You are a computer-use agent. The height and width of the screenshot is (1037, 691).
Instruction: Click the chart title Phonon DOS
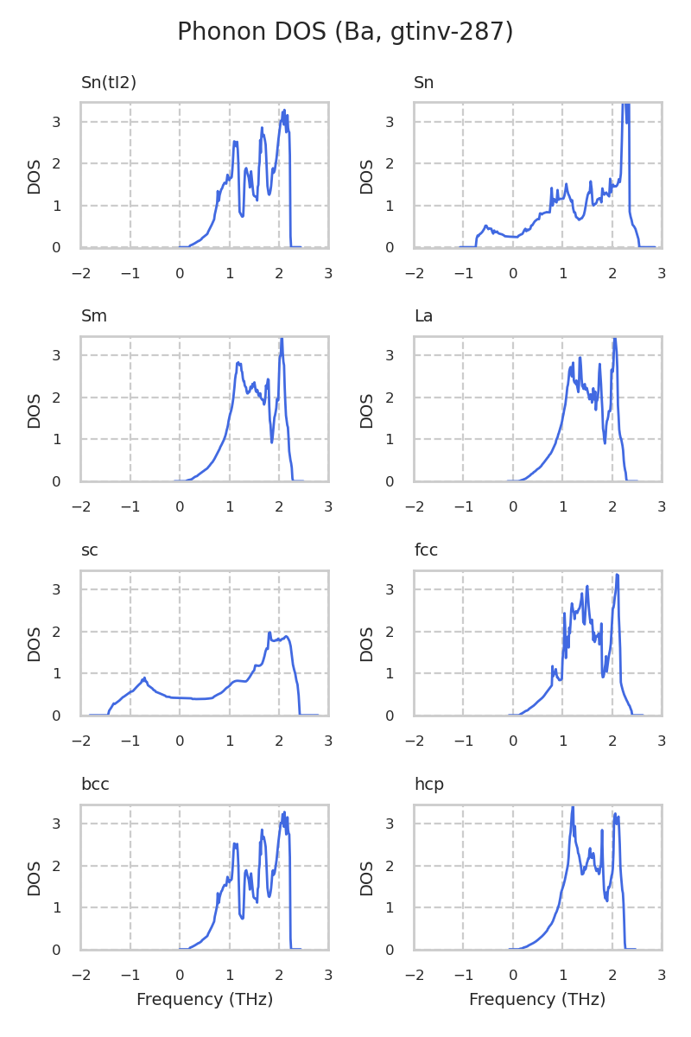click(345, 32)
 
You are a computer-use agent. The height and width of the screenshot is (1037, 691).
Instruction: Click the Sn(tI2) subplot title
click(109, 83)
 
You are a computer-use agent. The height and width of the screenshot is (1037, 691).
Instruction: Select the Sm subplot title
click(94, 316)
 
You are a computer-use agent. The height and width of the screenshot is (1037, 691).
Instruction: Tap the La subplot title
click(423, 316)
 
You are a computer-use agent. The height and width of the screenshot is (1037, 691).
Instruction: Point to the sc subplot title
click(90, 550)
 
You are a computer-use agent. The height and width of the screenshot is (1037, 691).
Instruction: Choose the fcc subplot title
click(426, 550)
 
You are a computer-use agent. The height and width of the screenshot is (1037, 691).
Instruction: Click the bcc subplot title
click(95, 785)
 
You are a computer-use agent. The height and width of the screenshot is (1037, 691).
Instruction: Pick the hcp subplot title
click(428, 785)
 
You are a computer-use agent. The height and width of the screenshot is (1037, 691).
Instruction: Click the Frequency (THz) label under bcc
click(205, 1000)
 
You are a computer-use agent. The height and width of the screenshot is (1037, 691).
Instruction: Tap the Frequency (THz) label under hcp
click(537, 1000)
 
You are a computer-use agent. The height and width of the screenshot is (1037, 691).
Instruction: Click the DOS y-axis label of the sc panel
click(35, 644)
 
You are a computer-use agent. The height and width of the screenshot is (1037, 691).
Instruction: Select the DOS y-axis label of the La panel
click(367, 410)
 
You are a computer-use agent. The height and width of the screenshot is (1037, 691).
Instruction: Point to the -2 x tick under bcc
click(80, 976)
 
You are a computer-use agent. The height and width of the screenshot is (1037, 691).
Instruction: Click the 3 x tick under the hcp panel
click(662, 976)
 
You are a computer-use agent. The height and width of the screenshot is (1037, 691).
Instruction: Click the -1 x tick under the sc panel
click(130, 741)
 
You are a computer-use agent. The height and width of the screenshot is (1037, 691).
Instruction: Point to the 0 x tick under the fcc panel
click(513, 741)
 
